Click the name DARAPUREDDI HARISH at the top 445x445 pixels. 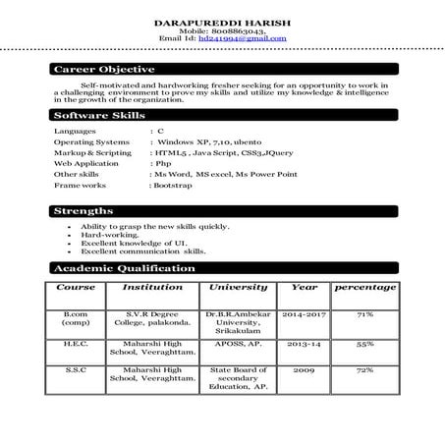223,21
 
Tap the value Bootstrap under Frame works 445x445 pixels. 172,185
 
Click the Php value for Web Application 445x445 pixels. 163,164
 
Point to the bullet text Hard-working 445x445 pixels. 110,236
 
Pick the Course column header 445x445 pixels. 76,288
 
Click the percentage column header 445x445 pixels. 365,288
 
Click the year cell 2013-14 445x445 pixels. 299,346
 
